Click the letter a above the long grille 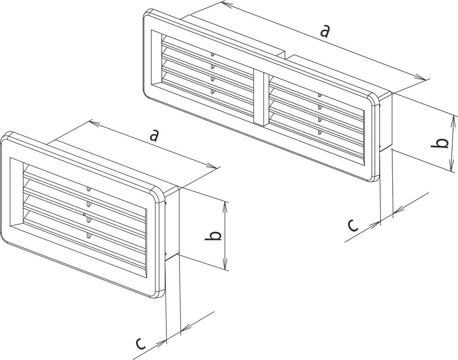[325, 32]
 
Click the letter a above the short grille [154, 136]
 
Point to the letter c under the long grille [353, 225]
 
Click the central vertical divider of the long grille [259, 98]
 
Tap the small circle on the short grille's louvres [85, 215]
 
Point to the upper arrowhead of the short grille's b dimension [225, 206]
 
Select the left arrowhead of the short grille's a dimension [94, 123]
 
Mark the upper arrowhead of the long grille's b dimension [453, 120]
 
